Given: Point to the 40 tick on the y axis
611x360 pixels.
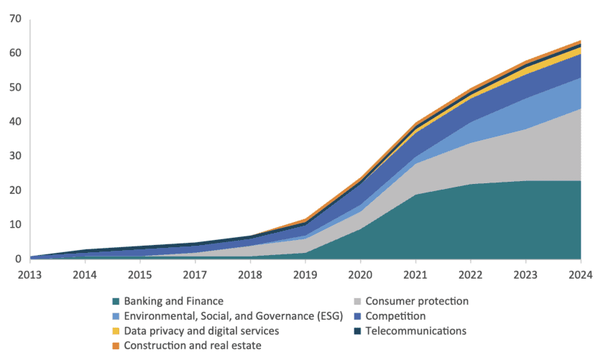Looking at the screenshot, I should point(14,121).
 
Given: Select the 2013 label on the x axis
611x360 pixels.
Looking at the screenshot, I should point(31,275).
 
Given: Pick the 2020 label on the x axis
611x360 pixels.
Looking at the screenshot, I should point(361,275).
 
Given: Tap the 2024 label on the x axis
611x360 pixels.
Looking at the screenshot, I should point(581,275).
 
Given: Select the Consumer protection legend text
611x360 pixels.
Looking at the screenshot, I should point(418,300).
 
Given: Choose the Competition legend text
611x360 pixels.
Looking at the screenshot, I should point(396,315).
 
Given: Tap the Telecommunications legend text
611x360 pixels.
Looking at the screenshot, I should point(416,331).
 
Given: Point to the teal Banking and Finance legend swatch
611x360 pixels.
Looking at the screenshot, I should point(115,301).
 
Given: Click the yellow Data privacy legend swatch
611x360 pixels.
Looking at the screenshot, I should point(115,331).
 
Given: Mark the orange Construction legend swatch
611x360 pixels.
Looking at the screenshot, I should point(115,346).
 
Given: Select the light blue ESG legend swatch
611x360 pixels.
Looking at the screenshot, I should point(115,316).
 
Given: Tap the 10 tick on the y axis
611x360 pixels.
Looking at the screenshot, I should point(14,225).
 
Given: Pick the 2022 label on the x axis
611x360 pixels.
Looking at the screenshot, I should point(471,275).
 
